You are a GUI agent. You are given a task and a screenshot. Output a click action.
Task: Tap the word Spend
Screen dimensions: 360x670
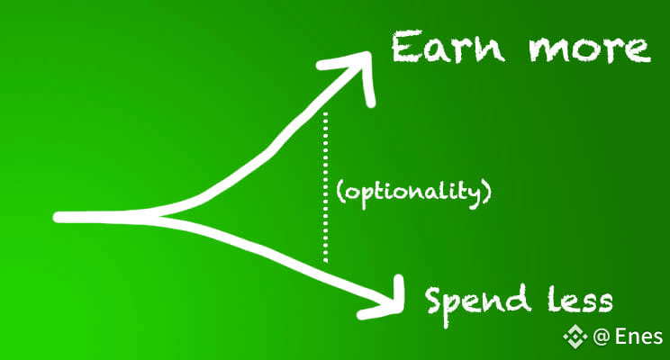476,301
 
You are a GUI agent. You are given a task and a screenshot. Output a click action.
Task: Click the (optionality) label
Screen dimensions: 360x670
416,193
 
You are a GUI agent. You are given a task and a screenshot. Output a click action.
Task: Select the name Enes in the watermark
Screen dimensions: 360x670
638,337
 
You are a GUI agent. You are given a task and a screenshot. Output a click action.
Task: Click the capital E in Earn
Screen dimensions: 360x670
405,46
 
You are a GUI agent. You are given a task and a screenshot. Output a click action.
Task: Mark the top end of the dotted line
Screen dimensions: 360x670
325,114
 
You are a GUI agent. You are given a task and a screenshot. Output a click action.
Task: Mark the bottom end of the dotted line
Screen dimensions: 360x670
325,261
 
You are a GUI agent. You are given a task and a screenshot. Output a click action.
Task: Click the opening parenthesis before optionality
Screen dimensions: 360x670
337,193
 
